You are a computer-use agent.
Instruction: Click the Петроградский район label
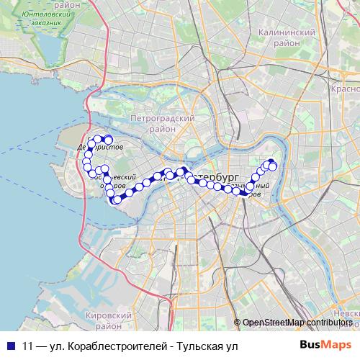pyautogui.click(x=163, y=123)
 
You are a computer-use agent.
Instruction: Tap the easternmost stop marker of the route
pyautogui.click(x=274, y=168)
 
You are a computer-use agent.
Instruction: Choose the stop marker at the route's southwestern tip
pyautogui.click(x=116, y=199)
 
